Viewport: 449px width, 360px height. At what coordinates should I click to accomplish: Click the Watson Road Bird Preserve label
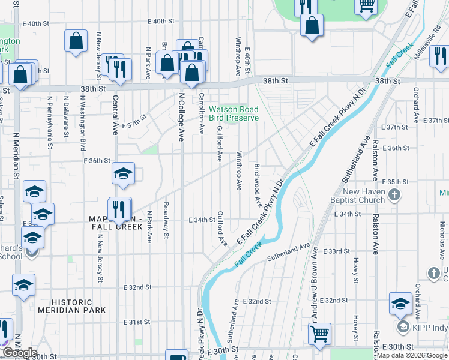point(234,113)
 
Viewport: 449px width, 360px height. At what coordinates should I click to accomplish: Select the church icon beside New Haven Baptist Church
point(394,195)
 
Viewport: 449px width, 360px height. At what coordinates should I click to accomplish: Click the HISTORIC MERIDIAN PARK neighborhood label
point(71,306)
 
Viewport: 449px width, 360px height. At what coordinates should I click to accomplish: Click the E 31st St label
point(137,322)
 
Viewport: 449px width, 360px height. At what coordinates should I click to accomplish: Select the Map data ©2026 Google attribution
point(411,355)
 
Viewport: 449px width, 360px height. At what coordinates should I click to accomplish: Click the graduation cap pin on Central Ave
point(123,174)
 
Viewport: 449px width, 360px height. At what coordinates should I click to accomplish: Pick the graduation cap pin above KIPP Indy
point(400,303)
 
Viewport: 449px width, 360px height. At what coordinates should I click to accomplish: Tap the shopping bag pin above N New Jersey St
point(76,41)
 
